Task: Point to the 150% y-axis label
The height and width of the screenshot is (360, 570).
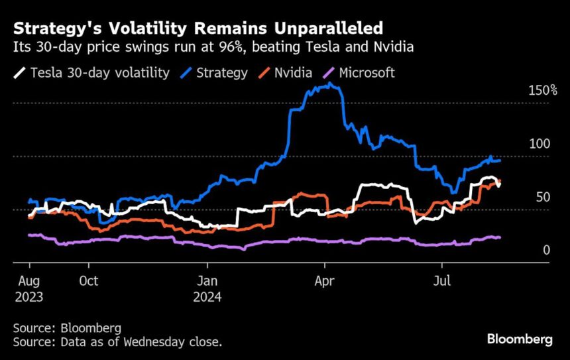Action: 543,90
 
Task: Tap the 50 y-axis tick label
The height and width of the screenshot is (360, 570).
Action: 542,197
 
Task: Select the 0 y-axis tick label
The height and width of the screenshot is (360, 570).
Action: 546,250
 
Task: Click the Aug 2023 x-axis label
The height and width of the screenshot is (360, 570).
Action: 28,288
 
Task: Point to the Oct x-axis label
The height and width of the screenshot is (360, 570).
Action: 88,281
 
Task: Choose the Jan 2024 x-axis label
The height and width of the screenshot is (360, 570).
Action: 207,288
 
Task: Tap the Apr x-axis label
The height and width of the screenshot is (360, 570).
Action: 325,281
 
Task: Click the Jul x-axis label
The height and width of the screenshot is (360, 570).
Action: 442,281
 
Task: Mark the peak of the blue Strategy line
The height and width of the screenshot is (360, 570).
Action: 330,85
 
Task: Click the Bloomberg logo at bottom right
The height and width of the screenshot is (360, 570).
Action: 520,339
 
